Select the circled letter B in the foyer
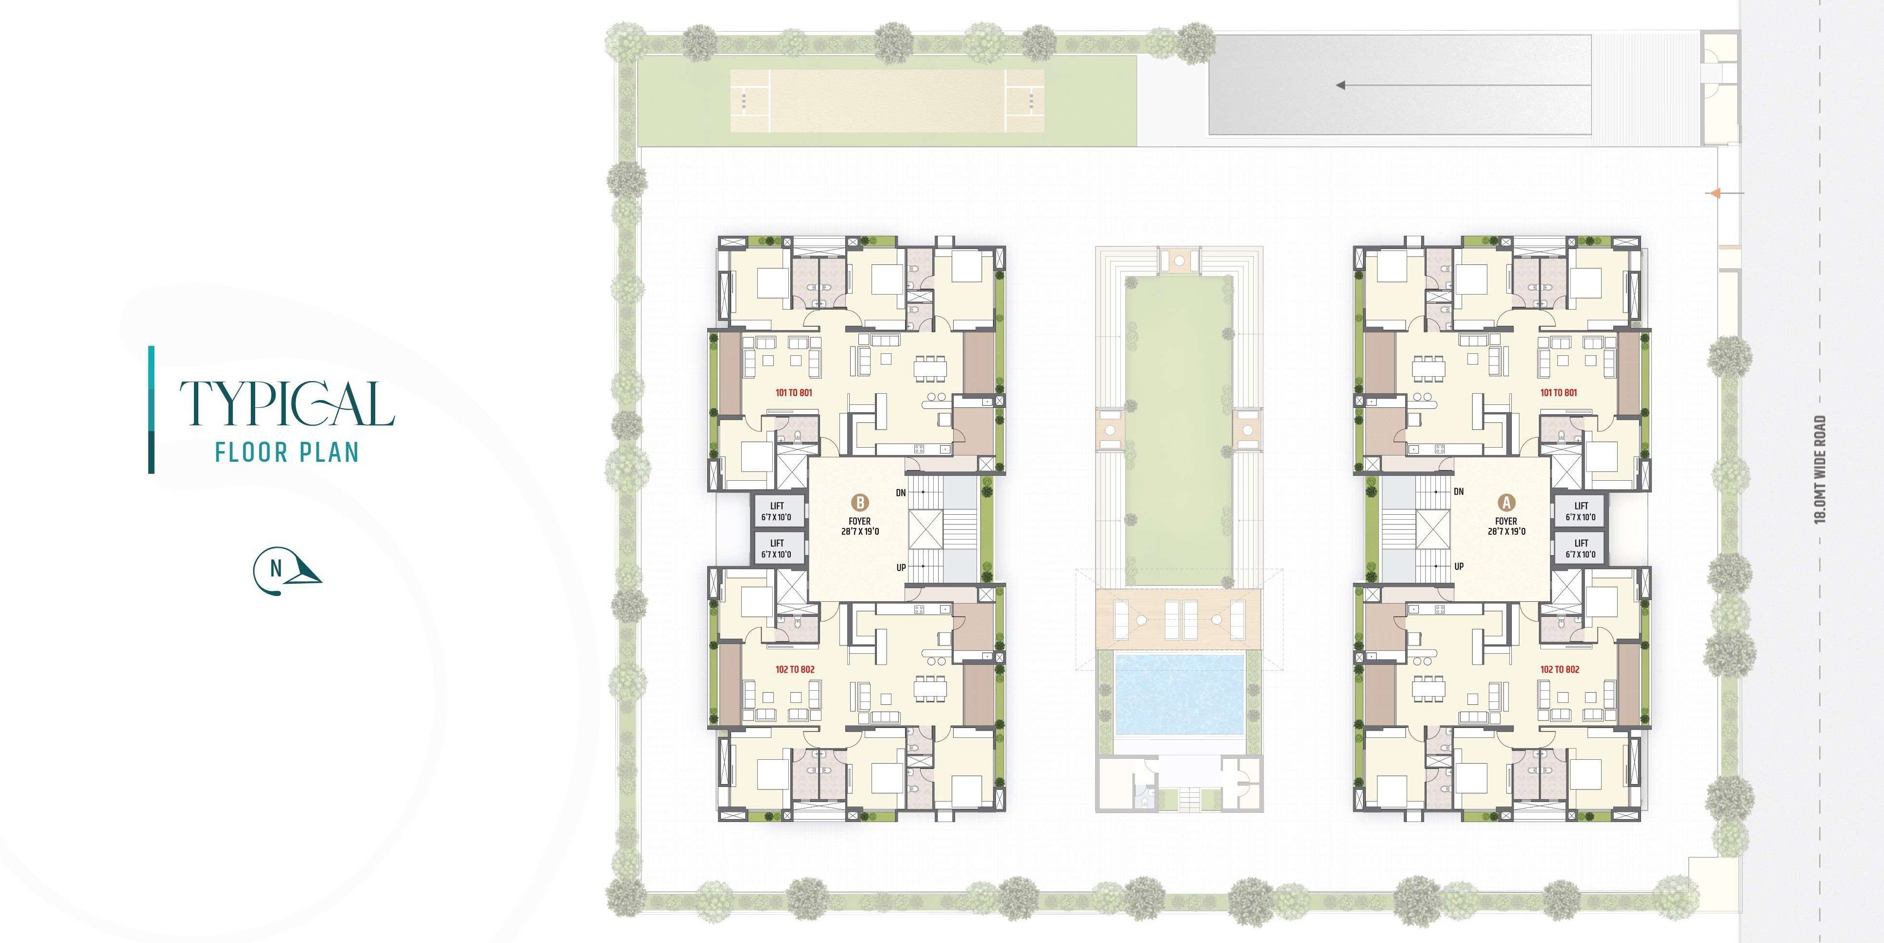[860, 503]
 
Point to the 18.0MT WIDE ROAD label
[1820, 469]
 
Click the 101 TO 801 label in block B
[794, 393]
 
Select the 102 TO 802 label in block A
[1559, 669]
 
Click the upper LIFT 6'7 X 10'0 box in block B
[777, 511]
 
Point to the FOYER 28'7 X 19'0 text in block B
[860, 526]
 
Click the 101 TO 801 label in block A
[1558, 393]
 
